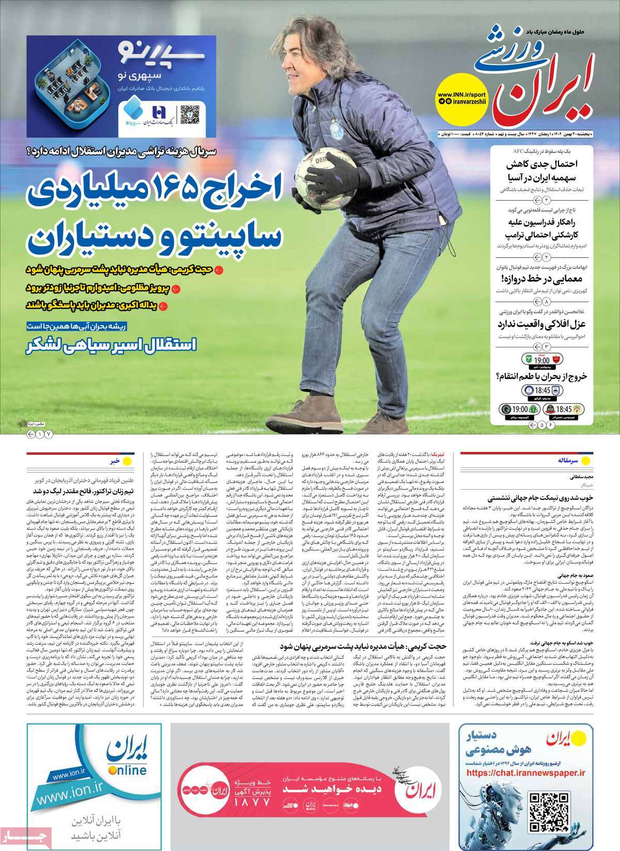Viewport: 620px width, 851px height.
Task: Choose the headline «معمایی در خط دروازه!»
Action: click(539, 279)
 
